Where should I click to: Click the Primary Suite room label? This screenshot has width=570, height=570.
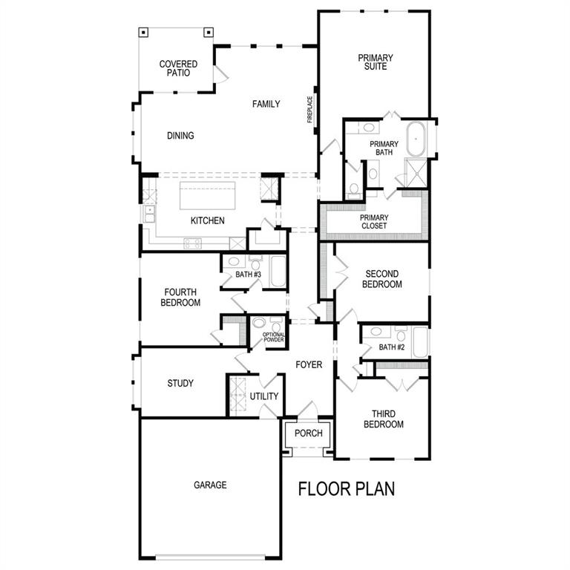[x=375, y=62]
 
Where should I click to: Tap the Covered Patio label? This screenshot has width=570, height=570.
[x=178, y=69]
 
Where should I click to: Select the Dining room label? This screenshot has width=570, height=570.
[x=180, y=136]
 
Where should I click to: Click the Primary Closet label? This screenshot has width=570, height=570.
[x=375, y=221]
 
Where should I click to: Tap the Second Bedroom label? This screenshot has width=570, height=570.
[x=383, y=279]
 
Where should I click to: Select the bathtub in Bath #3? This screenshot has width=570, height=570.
[x=277, y=272]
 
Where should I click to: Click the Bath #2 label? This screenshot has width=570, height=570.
[x=391, y=347]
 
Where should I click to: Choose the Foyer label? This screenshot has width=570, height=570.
[x=309, y=364]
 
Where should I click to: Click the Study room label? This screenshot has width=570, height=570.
[x=180, y=384]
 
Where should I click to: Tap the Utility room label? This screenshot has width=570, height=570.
[x=264, y=396]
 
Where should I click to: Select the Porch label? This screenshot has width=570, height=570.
[x=309, y=433]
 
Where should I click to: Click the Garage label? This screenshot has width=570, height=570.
[x=210, y=485]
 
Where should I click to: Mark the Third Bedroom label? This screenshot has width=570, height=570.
[x=384, y=419]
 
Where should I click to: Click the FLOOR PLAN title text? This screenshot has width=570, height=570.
[x=347, y=489]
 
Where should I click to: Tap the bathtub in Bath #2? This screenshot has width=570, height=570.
[x=419, y=342]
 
